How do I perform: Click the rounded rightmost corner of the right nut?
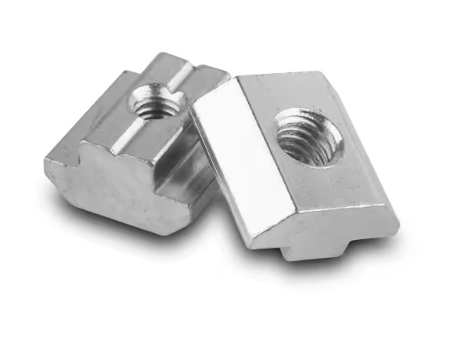pos(395,223)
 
